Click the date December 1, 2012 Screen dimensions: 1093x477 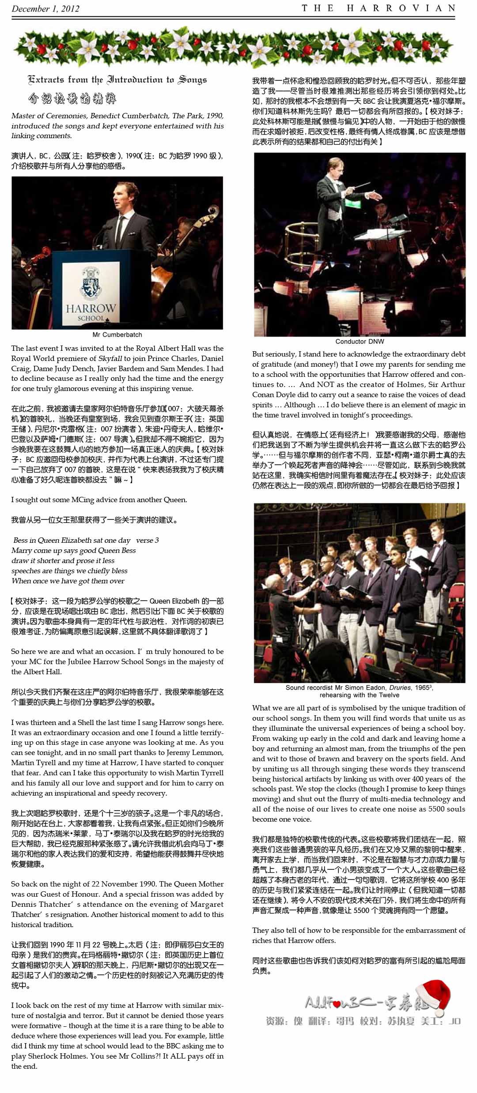[45, 8]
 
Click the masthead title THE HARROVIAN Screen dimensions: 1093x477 [378, 8]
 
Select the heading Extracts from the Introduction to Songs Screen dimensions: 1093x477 [117, 80]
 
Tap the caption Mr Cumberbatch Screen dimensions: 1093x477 [117, 334]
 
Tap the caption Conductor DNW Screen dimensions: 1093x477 [360, 341]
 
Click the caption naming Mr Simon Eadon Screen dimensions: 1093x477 [359, 691]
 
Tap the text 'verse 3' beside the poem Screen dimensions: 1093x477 [148, 540]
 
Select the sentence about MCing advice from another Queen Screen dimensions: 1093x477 [99, 500]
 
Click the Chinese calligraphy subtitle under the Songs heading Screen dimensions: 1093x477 [72, 98]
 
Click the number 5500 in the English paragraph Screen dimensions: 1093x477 [427, 809]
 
